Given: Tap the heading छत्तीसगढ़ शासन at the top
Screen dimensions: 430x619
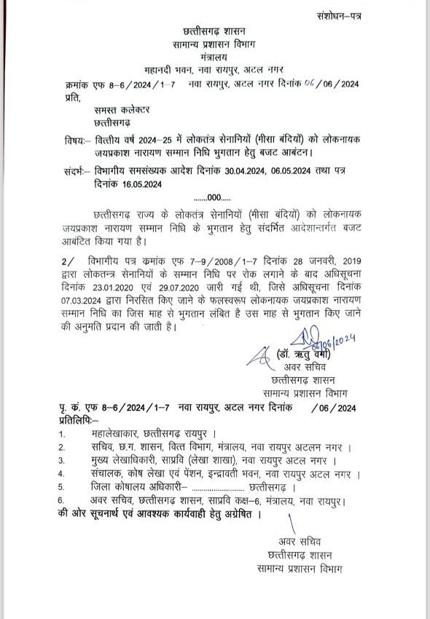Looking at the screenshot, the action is click(x=214, y=31).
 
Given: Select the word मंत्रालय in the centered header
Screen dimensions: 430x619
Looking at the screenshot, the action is click(x=214, y=56).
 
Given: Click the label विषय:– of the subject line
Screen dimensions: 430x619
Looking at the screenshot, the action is click(x=75, y=139).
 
